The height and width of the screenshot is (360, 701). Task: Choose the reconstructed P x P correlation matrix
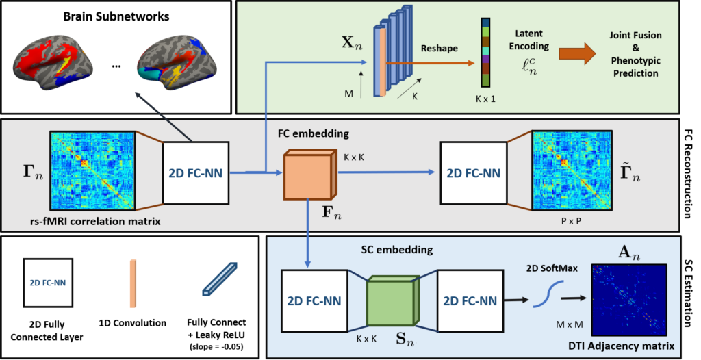pyautogui.click(x=568, y=168)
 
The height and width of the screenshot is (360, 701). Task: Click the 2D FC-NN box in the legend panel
pyautogui.click(x=48, y=281)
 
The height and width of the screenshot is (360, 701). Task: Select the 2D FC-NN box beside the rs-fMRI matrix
pyautogui.click(x=195, y=172)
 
